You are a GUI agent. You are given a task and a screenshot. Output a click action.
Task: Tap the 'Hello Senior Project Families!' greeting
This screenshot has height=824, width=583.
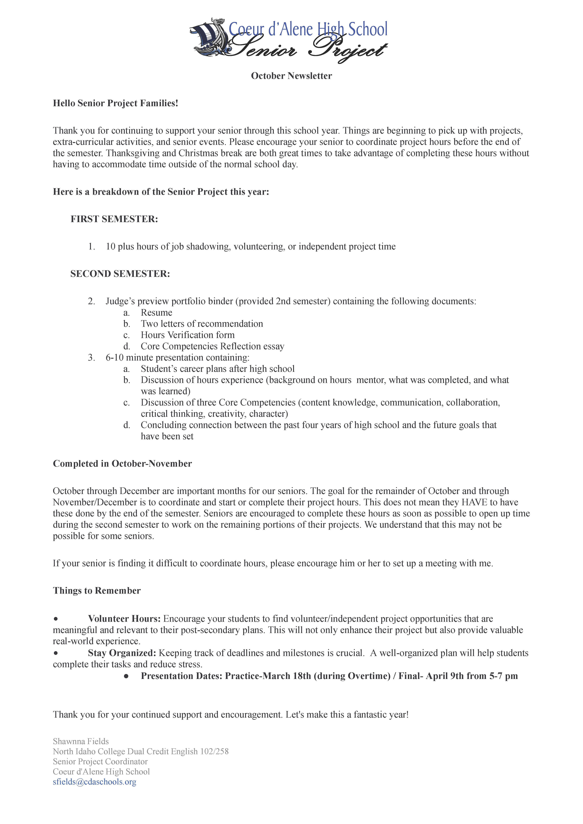pos(116,103)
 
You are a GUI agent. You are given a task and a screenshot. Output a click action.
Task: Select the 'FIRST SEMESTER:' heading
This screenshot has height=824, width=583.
pos(114,219)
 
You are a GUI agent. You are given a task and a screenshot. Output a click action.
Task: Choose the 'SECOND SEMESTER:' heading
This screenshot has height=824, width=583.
pos(120,274)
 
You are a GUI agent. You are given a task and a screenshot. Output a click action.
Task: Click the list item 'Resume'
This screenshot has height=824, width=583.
pos(157,313)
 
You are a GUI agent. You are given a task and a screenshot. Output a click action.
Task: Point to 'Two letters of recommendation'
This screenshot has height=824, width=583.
pos(202,324)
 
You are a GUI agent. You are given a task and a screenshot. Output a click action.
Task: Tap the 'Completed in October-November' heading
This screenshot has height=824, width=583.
pos(122,464)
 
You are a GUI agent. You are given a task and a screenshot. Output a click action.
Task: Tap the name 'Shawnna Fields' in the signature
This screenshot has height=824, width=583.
pos(81,741)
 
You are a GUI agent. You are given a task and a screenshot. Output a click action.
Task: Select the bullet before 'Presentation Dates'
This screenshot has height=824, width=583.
pos(126,676)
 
